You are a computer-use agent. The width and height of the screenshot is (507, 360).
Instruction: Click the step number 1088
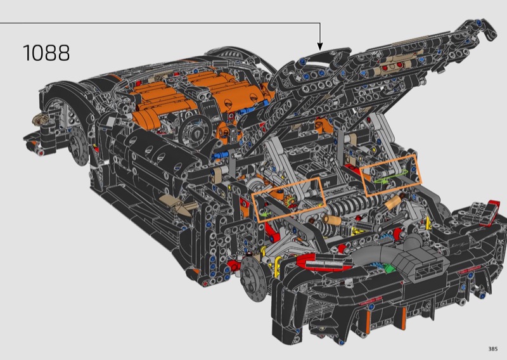(x=46, y=53)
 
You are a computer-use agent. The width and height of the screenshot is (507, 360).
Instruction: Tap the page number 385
(x=493, y=349)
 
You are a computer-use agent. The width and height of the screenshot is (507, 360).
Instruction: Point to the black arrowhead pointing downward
(x=320, y=46)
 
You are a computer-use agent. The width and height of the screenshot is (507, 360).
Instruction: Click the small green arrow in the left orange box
(x=265, y=214)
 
